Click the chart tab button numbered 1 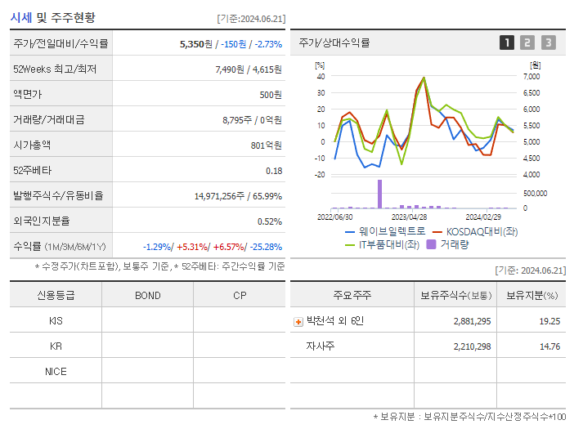(x=508, y=42)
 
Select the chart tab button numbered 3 (x=548, y=42)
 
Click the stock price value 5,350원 (x=196, y=43)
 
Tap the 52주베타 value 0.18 (x=274, y=170)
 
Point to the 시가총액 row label (x=32, y=145)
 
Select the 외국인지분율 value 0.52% (x=270, y=221)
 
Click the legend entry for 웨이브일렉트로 (x=383, y=231)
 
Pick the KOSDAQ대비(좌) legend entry (x=475, y=231)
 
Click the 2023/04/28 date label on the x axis (x=409, y=217)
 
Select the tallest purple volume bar (x=379, y=194)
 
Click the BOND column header (x=147, y=295)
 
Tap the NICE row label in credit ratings (x=56, y=371)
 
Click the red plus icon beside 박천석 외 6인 (x=298, y=321)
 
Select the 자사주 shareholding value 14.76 (x=549, y=346)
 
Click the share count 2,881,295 (x=472, y=321)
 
